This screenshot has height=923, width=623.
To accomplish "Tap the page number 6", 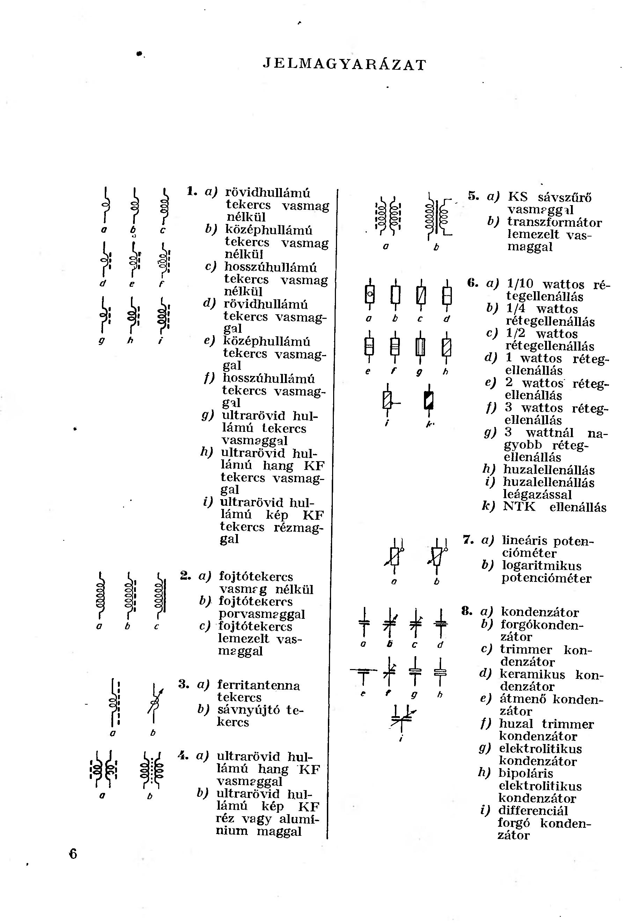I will (73, 853).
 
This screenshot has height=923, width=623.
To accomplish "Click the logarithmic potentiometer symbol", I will (438, 556).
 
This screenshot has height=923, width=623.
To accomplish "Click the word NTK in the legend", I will (519, 507).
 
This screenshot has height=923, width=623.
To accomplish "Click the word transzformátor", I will (554, 222).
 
